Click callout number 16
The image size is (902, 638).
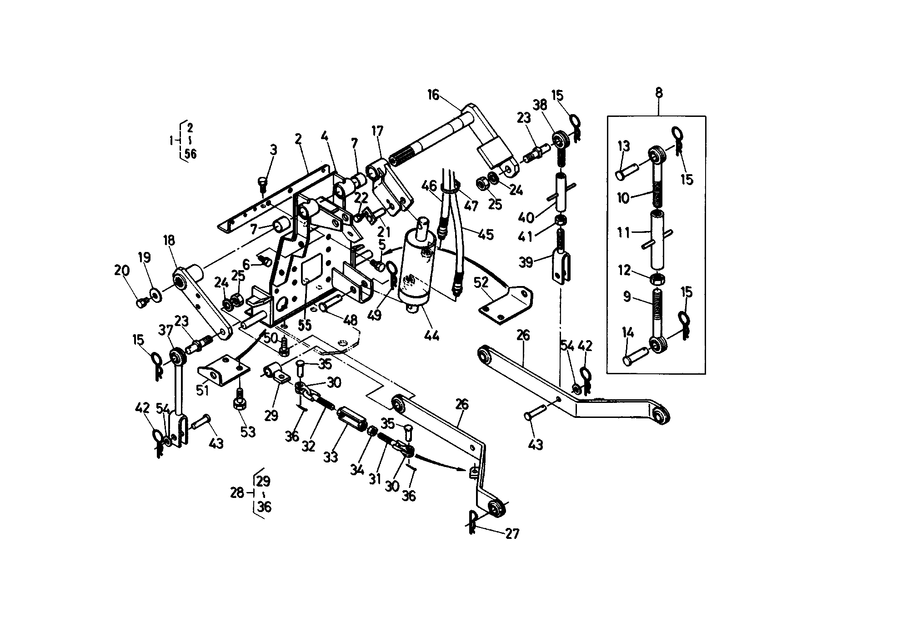click(433, 95)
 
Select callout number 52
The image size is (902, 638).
click(481, 282)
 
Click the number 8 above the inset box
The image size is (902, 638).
click(659, 93)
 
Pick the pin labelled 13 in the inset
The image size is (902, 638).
click(626, 173)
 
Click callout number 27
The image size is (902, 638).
click(512, 533)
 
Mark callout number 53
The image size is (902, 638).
click(248, 432)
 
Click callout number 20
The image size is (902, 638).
click(122, 271)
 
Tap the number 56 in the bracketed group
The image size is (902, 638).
click(191, 154)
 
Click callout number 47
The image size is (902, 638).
click(471, 206)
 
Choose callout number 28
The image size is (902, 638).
click(237, 492)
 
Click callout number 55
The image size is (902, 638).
click(304, 325)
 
